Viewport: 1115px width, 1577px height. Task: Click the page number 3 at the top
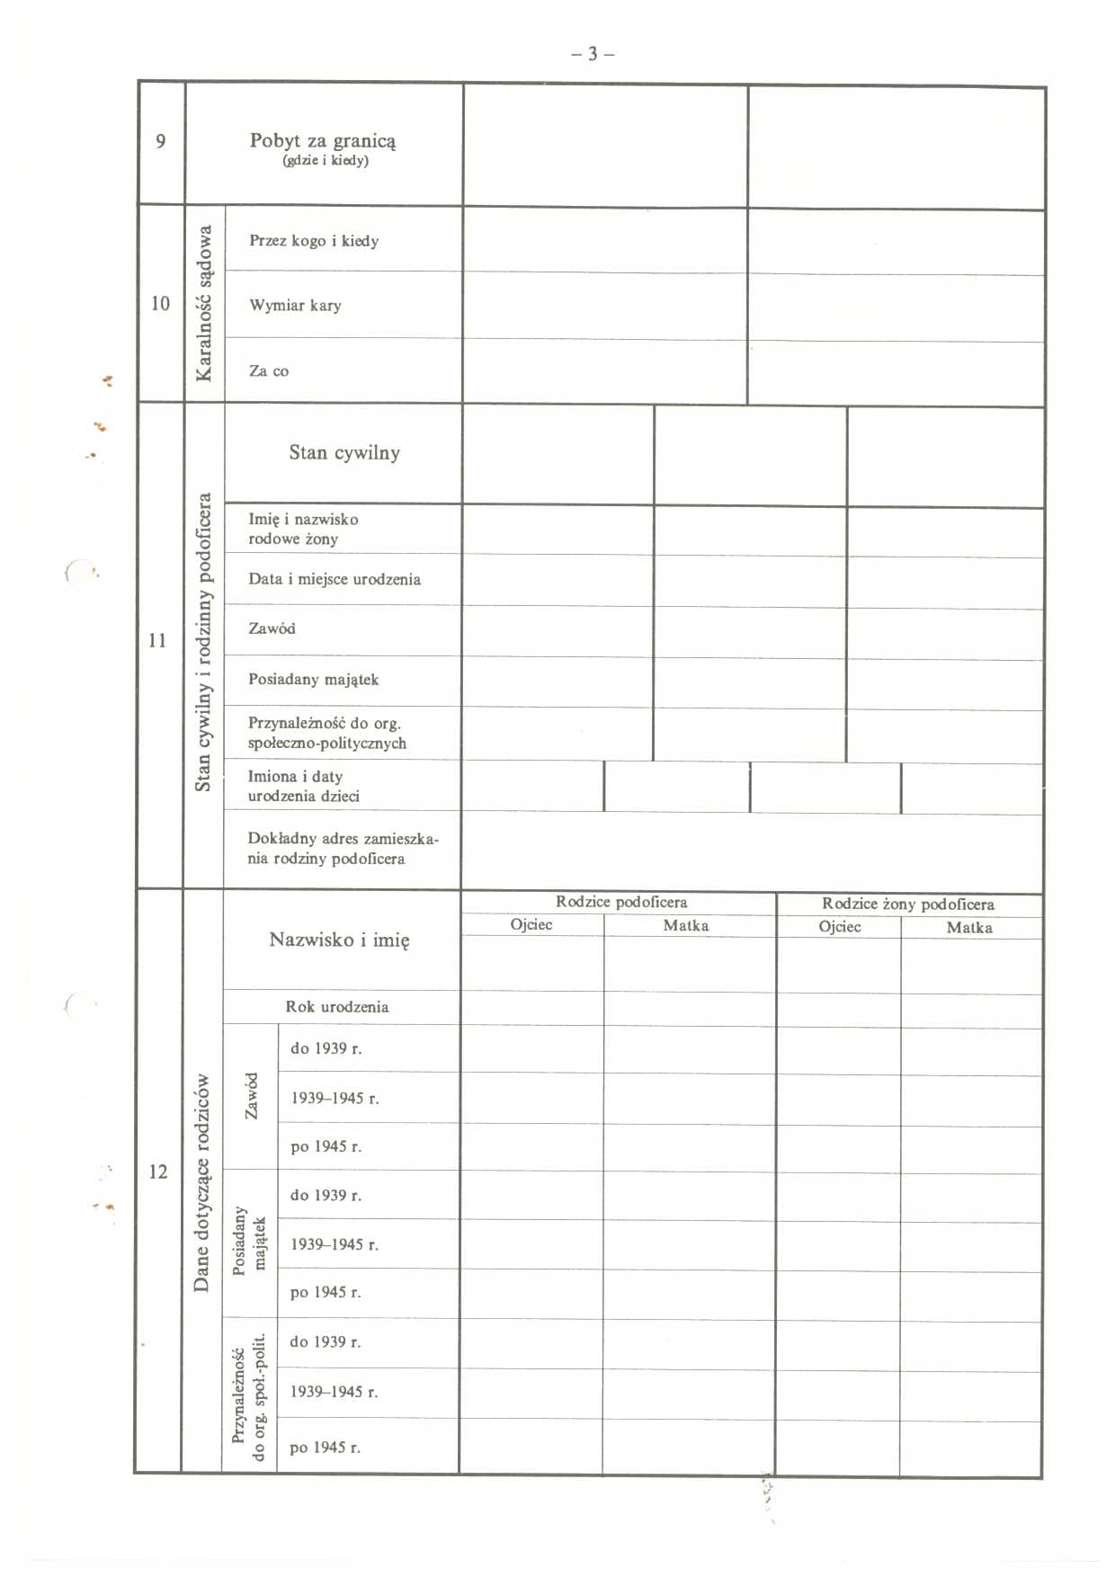tap(593, 54)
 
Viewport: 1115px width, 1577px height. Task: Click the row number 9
tap(161, 141)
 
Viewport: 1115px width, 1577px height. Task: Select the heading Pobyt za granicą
tap(323, 141)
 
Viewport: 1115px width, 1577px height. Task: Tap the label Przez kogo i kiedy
tap(314, 241)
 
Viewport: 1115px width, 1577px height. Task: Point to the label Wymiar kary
tap(295, 306)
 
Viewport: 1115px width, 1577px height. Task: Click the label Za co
tap(269, 371)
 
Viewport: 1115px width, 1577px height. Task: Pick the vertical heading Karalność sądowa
tap(205, 303)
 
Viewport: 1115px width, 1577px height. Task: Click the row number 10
tap(160, 304)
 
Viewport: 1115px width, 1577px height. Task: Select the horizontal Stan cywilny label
tap(344, 453)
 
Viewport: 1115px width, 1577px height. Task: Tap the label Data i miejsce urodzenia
tap(334, 580)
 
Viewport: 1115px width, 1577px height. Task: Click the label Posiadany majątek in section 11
tap(313, 680)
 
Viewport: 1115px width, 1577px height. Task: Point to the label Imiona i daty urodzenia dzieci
tap(304, 787)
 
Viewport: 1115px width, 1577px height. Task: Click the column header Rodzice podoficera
tap(620, 902)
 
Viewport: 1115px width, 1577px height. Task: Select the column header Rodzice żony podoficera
tap(907, 904)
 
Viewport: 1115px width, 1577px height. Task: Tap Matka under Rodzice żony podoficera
tap(969, 928)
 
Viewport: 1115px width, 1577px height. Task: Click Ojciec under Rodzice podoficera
tap(531, 925)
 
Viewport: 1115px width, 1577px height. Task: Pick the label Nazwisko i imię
tap(339, 940)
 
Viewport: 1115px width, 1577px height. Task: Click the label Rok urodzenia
tap(337, 1007)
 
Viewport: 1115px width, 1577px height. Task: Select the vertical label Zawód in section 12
tap(251, 1096)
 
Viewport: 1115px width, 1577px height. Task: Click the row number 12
tap(158, 1172)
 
